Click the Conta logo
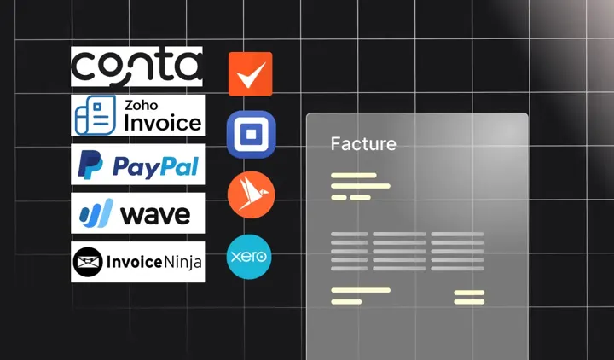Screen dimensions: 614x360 (136, 67)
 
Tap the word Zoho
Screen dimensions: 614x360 (142, 105)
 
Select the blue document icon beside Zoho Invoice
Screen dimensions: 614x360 (96, 115)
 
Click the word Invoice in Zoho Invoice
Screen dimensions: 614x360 (163, 123)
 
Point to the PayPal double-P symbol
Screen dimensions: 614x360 (90, 165)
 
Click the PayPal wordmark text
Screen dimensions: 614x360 (155, 166)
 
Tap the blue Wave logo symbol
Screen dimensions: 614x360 (96, 213)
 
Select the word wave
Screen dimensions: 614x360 (155, 215)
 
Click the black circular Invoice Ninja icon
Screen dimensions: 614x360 (88, 262)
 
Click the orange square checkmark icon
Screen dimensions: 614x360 (251, 74)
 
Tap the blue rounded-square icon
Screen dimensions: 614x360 (251, 135)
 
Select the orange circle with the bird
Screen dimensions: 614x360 (251, 195)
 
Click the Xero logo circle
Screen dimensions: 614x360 (249, 257)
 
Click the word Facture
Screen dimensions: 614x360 (363, 144)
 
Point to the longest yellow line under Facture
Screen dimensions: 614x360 (361, 186)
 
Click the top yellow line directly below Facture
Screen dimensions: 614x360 (354, 176)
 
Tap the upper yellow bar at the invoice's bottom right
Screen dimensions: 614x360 (469, 293)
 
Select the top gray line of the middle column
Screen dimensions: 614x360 (399, 235)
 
